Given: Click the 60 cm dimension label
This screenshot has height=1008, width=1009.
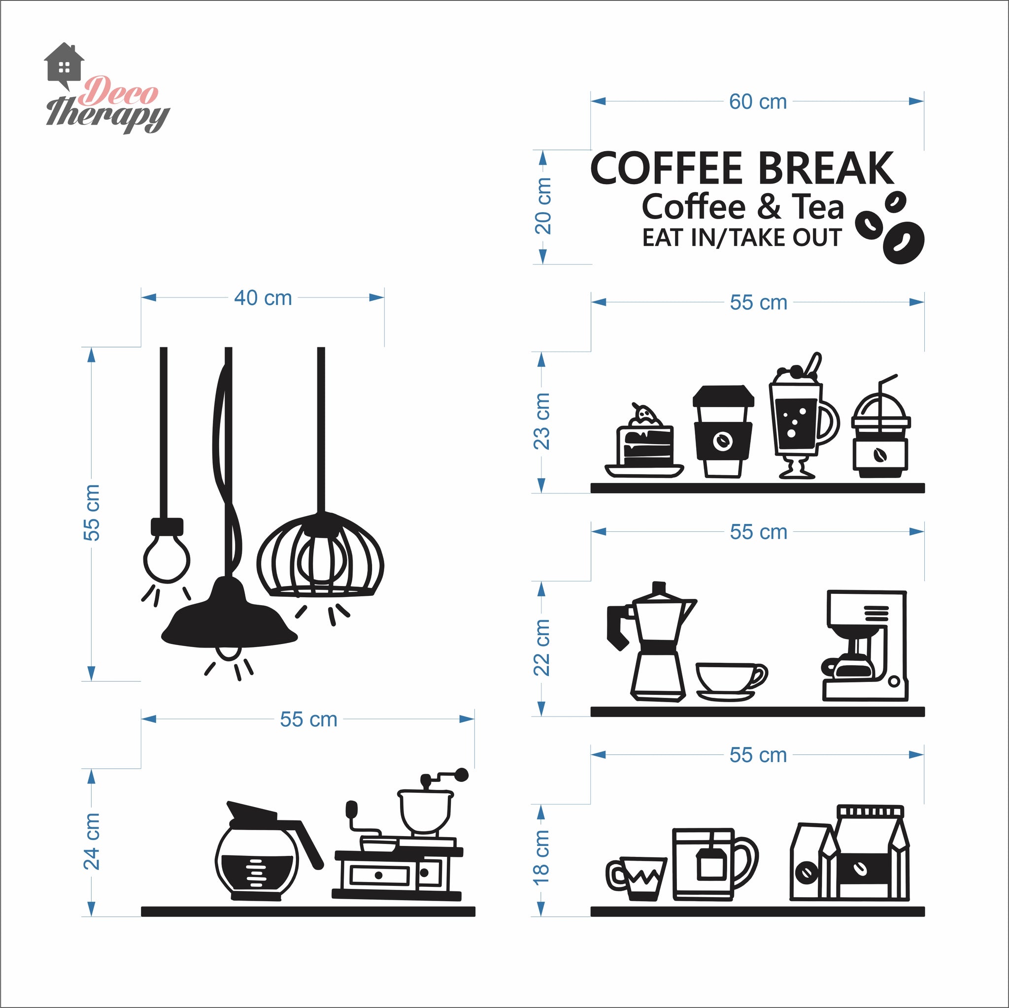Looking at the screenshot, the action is pyautogui.click(x=758, y=102).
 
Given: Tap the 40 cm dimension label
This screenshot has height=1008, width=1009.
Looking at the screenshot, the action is pyautogui.click(x=263, y=298).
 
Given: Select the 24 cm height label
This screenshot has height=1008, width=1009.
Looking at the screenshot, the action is pyautogui.click(x=92, y=841).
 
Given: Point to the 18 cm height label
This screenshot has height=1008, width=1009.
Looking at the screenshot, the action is pyautogui.click(x=541, y=857).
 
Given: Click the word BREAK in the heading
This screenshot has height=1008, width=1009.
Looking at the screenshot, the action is pyautogui.click(x=826, y=168).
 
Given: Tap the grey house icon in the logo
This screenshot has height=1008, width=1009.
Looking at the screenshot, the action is pyautogui.click(x=64, y=66).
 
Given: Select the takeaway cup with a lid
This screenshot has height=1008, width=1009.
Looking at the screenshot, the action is pyautogui.click(x=723, y=431).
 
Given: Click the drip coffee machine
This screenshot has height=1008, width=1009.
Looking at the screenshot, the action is pyautogui.click(x=864, y=646).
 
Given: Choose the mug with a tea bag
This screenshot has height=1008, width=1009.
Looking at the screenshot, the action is pyautogui.click(x=714, y=864).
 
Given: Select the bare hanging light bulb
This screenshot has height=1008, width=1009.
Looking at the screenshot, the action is pyautogui.click(x=167, y=551).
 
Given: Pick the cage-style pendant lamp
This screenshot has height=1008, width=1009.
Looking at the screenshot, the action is pyautogui.click(x=320, y=554).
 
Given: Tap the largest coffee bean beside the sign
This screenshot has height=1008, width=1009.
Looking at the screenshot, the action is pyautogui.click(x=904, y=242).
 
